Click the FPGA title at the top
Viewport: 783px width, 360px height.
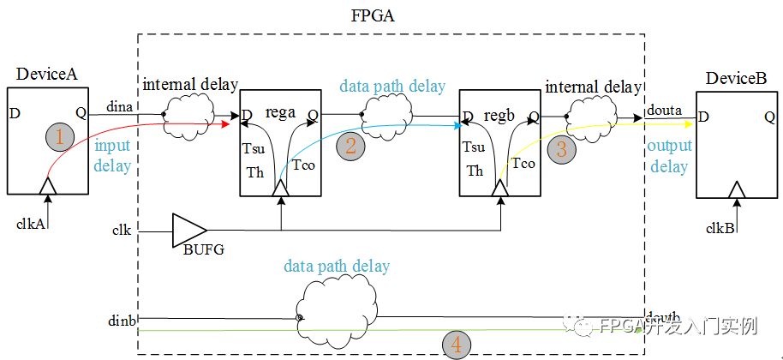coord(391,16)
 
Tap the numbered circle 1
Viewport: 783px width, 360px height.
coord(59,136)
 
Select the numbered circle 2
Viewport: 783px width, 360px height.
coord(350,145)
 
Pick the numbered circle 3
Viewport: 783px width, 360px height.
coord(561,149)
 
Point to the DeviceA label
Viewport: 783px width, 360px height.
coord(47,75)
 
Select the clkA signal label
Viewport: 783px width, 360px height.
coord(29,225)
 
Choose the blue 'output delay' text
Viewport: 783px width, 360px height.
coord(669,158)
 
